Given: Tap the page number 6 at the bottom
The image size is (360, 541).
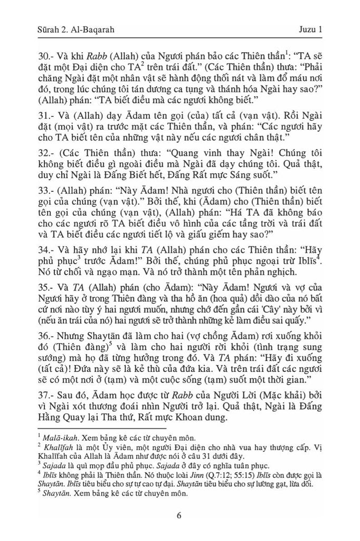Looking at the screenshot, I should (x=179, y=516).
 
